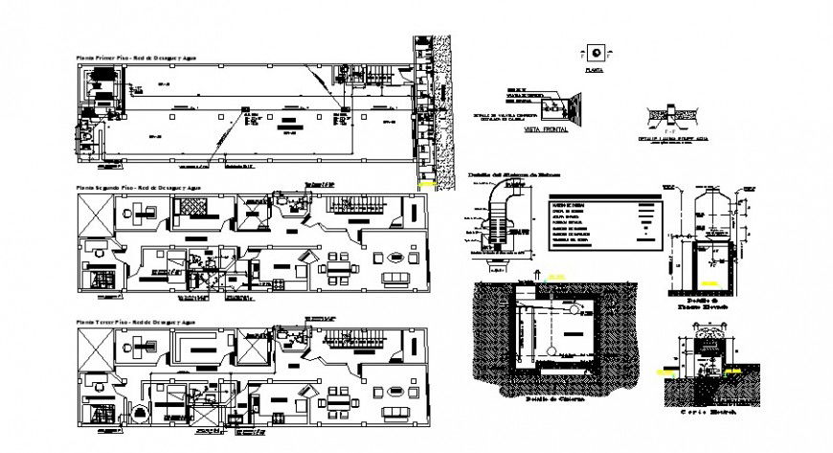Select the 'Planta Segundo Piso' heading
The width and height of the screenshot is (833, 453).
point(140,188)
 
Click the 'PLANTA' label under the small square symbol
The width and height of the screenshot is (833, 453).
point(596,70)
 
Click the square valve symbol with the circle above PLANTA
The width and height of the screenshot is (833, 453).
point(596,53)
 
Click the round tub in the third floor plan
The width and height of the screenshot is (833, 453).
point(139,414)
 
